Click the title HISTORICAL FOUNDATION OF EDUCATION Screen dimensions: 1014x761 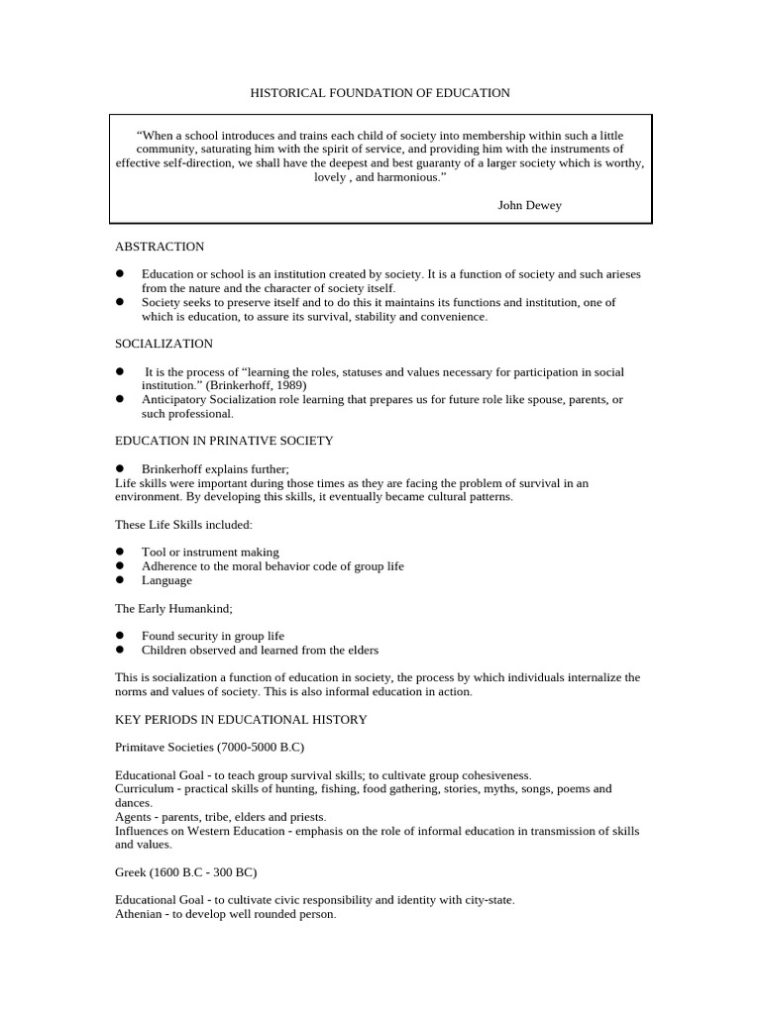click(380, 93)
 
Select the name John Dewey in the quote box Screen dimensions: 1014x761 click(529, 205)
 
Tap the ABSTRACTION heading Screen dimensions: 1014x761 click(160, 247)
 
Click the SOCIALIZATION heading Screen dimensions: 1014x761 click(163, 344)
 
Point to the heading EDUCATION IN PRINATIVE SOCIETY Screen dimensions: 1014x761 click(224, 441)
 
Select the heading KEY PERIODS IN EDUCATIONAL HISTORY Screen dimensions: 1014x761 click(241, 720)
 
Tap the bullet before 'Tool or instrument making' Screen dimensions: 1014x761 click(120, 552)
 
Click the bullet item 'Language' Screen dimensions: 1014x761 click(166, 580)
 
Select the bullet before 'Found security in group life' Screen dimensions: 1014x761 click(120, 636)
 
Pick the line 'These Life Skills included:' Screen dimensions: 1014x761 click(183, 524)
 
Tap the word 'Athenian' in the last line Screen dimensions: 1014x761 click(141, 915)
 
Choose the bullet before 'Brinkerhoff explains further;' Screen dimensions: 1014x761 click(120, 468)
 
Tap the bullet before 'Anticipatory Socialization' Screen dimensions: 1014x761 click(120, 399)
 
